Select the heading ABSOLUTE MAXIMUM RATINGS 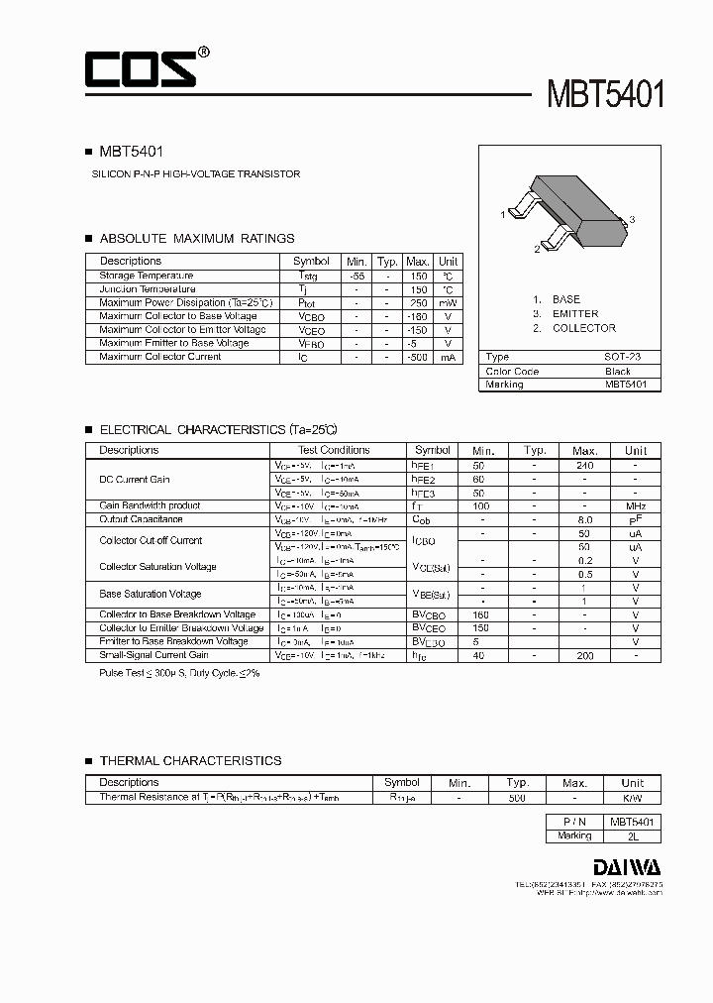tap(197, 239)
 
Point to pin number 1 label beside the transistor tap(503, 214)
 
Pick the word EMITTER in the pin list tap(575, 313)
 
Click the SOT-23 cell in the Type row tap(623, 357)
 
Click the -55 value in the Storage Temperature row tap(357, 276)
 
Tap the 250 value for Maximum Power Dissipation tap(418, 302)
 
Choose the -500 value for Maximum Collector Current tap(417, 357)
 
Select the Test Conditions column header tap(333, 450)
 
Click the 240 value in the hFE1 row tap(584, 464)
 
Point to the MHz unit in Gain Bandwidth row tap(635, 505)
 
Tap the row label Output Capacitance tap(141, 519)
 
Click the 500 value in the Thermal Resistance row tap(515, 797)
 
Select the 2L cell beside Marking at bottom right tap(630, 836)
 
